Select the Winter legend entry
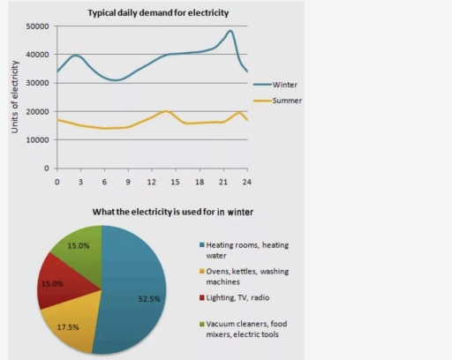pos(283,85)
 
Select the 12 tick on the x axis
pos(151,182)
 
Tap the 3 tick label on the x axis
pos(80,182)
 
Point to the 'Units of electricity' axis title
pos(15,97)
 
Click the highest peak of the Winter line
pos(230,31)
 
